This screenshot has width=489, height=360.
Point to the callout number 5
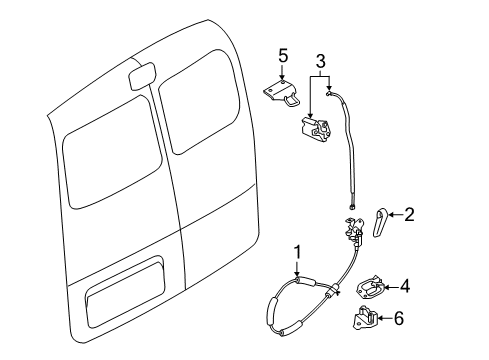(x=282, y=56)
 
